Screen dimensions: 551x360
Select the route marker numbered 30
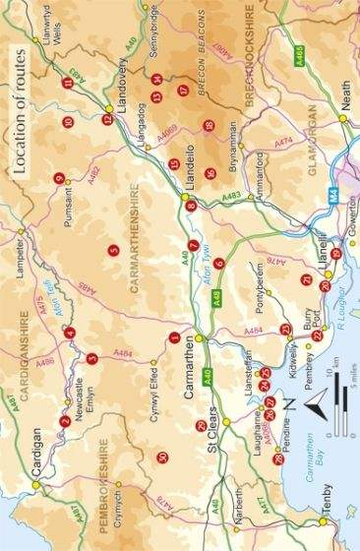tap(162, 458)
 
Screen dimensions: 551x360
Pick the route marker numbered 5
tap(114, 250)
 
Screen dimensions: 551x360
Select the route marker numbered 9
tap(59, 178)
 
